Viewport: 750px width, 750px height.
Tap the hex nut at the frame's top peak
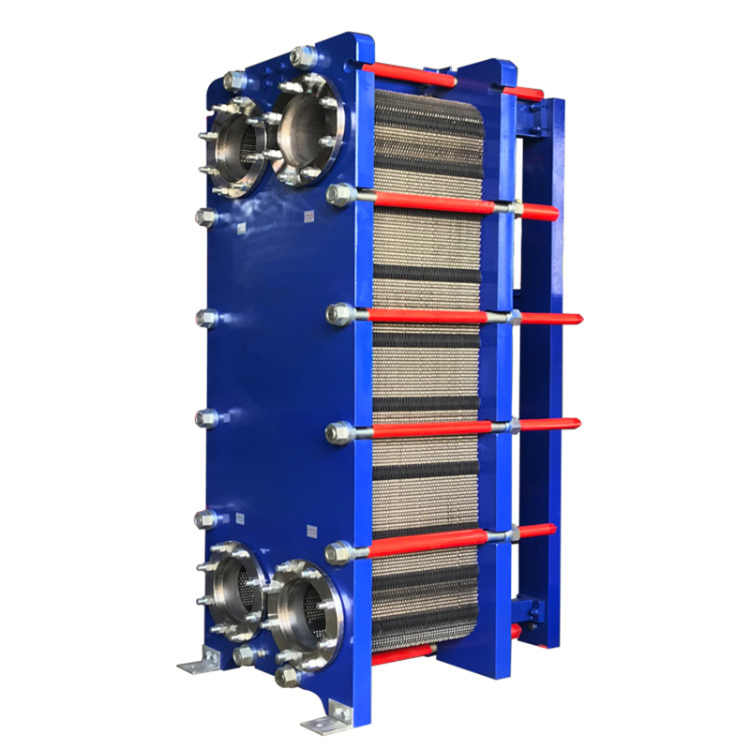pos(302,57)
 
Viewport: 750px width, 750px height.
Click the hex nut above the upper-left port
pos(235,82)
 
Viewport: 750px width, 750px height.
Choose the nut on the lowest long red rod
pos(338,552)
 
